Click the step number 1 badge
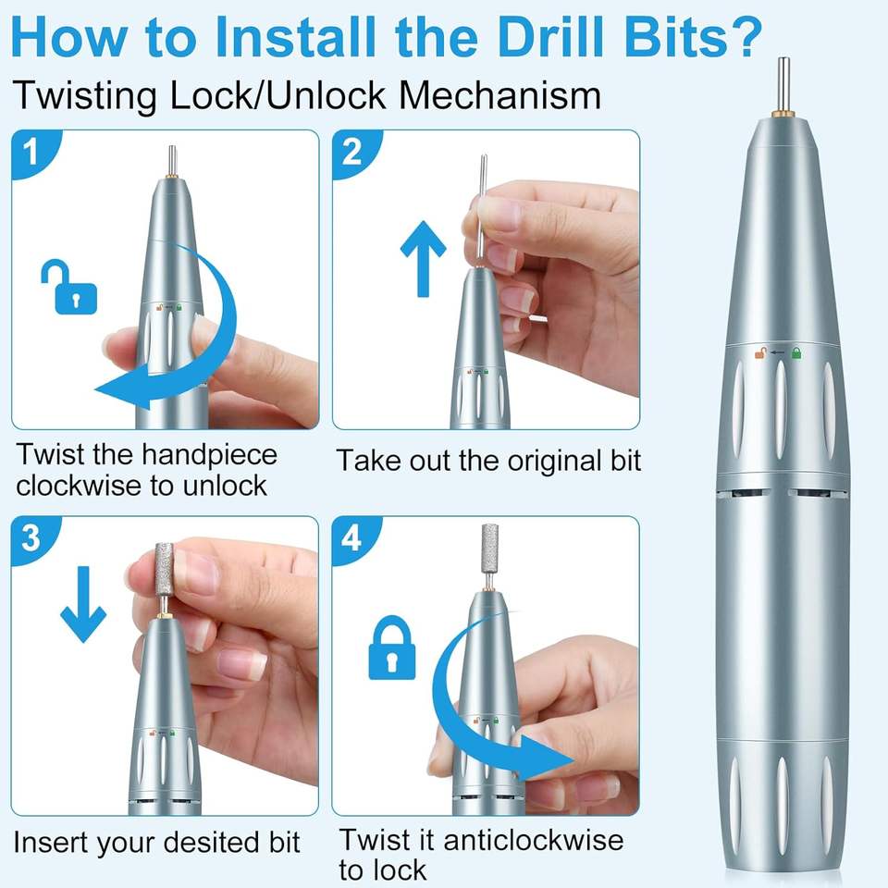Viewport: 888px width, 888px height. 31,151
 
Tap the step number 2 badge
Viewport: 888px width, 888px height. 352,151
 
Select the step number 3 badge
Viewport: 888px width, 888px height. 31,537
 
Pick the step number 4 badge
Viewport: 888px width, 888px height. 352,537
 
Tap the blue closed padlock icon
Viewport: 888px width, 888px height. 392,647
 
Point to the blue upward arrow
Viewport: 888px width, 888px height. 423,259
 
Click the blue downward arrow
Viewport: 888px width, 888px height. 83,604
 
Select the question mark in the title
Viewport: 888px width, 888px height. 744,37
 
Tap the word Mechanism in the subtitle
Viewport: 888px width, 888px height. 499,95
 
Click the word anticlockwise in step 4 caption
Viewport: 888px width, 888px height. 534,839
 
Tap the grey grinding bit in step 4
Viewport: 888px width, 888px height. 490,546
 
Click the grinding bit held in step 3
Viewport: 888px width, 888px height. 165,569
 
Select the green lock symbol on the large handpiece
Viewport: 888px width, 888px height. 796,353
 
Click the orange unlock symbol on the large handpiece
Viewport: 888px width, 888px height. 760,353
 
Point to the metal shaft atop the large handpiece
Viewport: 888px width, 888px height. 783,84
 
